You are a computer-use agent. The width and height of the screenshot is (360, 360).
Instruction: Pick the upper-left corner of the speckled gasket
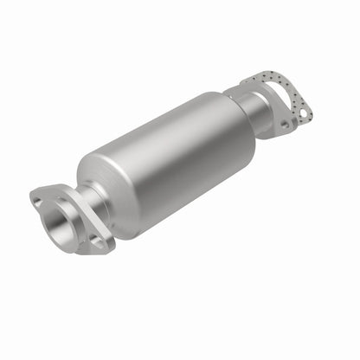(x=246, y=80)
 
